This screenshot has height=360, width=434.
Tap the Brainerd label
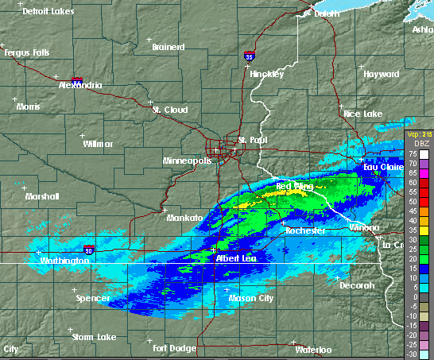click(x=168, y=47)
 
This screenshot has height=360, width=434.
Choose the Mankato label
click(x=184, y=217)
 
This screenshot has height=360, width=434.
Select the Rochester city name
click(x=306, y=230)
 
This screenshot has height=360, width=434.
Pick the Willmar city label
click(x=98, y=144)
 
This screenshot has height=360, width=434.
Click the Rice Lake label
click(x=362, y=114)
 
